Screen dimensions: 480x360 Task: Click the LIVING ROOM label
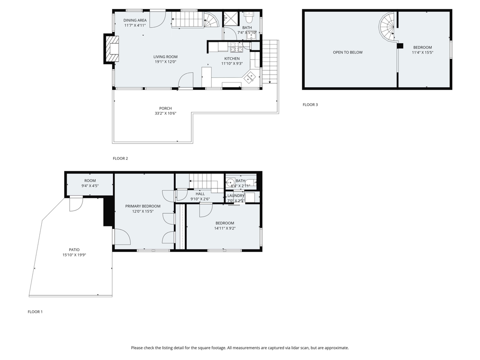tap(165, 57)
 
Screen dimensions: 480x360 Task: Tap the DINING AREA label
tap(135, 20)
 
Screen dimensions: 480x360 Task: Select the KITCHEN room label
tap(232, 59)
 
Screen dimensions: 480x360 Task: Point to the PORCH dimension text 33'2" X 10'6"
tap(165, 113)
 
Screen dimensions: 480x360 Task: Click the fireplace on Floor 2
tap(112, 49)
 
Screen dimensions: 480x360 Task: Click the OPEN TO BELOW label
tap(348, 52)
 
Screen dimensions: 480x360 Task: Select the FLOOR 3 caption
tap(310, 105)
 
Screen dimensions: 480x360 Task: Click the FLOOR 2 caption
tap(120, 158)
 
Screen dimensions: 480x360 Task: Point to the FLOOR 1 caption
tap(35, 312)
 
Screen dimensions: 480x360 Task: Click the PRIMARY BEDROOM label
tap(142, 206)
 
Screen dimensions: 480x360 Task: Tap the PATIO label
tap(74, 250)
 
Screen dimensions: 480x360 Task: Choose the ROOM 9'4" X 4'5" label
tap(90, 183)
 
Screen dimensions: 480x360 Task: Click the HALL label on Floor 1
tap(200, 194)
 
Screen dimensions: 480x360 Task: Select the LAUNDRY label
tap(236, 195)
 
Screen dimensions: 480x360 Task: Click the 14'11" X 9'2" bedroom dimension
tap(225, 228)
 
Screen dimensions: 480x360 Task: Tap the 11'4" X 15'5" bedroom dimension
tap(422, 52)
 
